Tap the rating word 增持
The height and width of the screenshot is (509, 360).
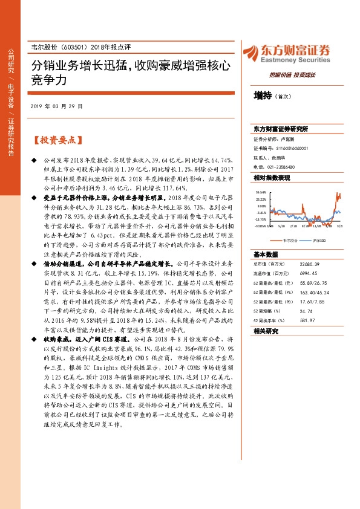(x=263, y=96)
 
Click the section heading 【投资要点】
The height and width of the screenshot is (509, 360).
(x=55, y=140)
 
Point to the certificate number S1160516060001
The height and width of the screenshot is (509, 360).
(x=293, y=148)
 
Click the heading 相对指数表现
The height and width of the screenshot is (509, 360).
(x=272, y=178)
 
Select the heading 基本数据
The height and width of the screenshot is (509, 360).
(x=266, y=254)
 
